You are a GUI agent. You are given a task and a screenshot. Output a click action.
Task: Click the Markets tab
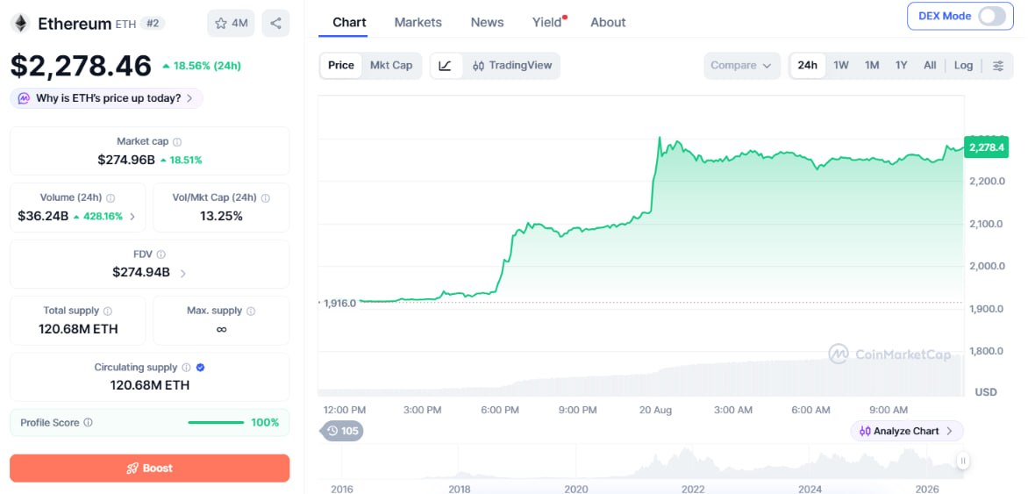[x=418, y=22]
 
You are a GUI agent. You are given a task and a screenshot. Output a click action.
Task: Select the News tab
[x=487, y=22]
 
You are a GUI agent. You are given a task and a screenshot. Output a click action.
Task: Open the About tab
[x=608, y=22]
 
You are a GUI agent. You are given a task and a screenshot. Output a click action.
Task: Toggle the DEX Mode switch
[x=991, y=17]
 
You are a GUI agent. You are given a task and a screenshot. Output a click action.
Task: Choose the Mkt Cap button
[x=391, y=65]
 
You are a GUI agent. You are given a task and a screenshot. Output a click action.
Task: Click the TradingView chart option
[x=513, y=66]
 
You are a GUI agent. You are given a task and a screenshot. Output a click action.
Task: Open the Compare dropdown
[x=741, y=66]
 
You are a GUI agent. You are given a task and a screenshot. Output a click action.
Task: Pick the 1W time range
[x=840, y=66]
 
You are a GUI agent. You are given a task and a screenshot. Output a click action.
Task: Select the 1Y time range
[x=901, y=66]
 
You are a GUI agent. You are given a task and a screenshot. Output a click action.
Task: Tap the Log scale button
[x=963, y=66]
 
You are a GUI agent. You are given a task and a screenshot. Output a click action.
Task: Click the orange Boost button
[x=149, y=469]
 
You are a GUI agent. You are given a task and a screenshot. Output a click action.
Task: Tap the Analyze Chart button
[x=907, y=431]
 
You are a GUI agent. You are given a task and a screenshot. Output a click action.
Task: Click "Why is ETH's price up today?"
[x=106, y=98]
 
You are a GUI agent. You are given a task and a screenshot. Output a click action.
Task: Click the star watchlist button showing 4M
[x=231, y=24]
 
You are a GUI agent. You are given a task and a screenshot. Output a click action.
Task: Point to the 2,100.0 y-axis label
[x=986, y=224]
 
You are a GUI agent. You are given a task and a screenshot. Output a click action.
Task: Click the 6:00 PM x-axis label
[x=500, y=410]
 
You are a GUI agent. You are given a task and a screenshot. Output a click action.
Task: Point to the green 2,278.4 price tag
[x=985, y=147]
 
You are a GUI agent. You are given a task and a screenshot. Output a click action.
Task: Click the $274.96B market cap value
[x=126, y=160]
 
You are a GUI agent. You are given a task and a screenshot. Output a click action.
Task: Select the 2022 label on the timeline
[x=693, y=489]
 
